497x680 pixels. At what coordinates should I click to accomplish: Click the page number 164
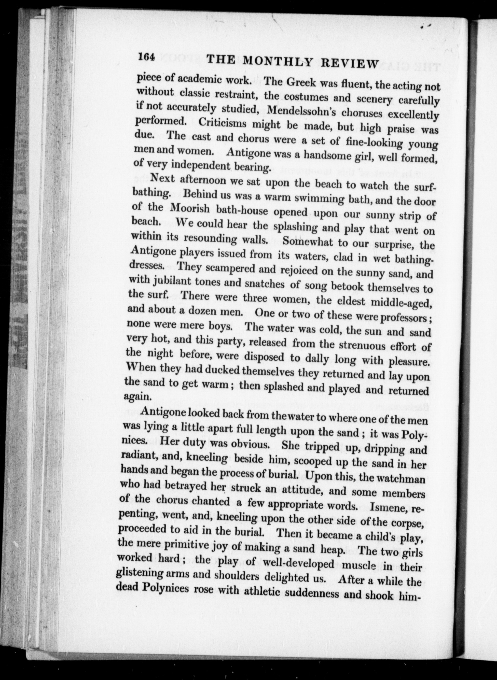(146, 57)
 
